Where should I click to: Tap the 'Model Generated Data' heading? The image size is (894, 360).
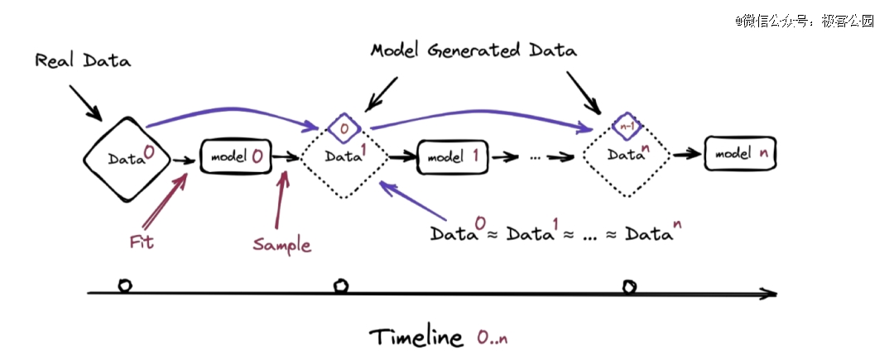coord(473,50)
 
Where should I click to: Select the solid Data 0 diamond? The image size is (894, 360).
coord(129,157)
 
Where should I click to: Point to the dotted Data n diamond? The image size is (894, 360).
coord(626,154)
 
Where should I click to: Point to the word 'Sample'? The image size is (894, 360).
coord(281,245)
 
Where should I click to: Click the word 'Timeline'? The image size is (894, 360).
coord(416,338)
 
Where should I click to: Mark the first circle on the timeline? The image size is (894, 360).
coord(124,286)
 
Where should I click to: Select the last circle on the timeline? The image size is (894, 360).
coord(629,286)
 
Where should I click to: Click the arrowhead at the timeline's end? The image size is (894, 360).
coord(770,292)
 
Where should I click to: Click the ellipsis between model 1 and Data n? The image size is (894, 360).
coord(535,155)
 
